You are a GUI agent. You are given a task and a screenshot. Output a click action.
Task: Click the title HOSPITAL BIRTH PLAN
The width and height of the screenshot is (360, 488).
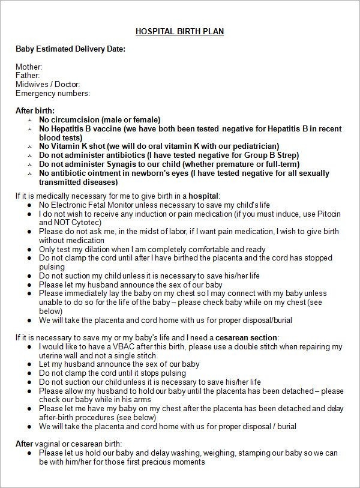click(179, 31)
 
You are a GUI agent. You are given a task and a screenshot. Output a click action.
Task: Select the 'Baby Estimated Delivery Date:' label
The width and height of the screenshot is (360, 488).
click(70, 49)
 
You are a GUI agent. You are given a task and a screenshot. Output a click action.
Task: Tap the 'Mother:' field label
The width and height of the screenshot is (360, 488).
click(29, 67)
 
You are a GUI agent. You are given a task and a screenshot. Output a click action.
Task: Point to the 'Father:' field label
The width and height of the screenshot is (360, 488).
click(28, 76)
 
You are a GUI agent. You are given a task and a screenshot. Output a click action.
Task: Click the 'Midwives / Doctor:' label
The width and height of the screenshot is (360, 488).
click(47, 85)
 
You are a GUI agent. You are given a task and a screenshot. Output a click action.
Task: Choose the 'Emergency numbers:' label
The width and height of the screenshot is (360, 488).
click(53, 93)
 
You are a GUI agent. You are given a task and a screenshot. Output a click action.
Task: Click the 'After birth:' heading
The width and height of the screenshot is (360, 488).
click(35, 111)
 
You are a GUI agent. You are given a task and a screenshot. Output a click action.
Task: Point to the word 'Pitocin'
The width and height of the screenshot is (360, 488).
click(324, 214)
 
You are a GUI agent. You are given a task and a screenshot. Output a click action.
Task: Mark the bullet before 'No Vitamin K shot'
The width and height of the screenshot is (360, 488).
click(29, 146)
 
